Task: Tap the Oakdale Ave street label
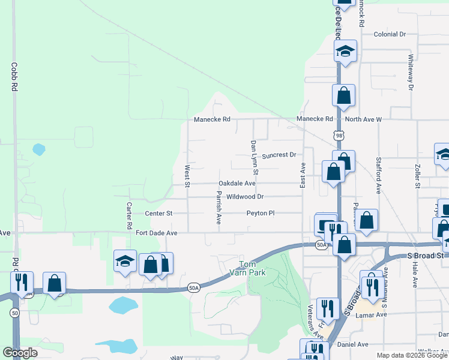tap(237, 183)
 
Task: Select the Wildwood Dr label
tap(245, 196)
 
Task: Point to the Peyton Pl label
tap(260, 213)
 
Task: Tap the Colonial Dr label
tap(390, 34)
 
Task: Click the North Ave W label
tap(363, 119)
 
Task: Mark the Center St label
tap(158, 213)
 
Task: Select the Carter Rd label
tap(129, 215)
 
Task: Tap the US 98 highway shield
tap(340, 136)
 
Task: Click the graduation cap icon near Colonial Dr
tap(345, 51)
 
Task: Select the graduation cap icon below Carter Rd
tap(125, 261)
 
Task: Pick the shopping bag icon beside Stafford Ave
tap(367, 220)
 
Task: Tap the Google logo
tap(20, 353)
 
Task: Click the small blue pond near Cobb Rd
tap(39, 149)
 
